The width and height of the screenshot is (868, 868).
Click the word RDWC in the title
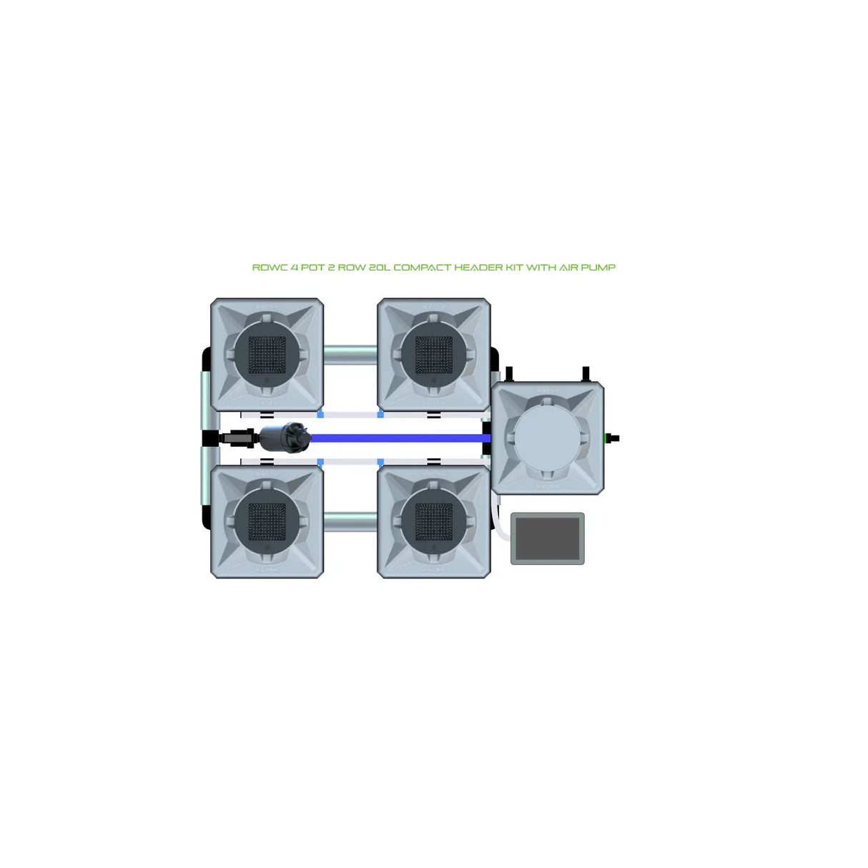pos(266,267)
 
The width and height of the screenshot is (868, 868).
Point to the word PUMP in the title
pos(601,267)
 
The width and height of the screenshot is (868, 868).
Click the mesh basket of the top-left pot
pos(267,355)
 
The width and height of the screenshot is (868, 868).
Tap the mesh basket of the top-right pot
pos(433,355)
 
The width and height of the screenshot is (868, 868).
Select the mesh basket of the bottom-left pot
pos(267,521)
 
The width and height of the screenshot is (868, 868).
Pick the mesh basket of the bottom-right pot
pos(433,521)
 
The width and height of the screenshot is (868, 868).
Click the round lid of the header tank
pos(548,438)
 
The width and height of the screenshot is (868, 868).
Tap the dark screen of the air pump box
pos(547,538)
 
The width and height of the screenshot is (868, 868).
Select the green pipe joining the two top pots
pos(350,353)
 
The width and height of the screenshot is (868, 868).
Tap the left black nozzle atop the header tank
pos(509,375)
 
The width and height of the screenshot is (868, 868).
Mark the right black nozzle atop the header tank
pos(586,375)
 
